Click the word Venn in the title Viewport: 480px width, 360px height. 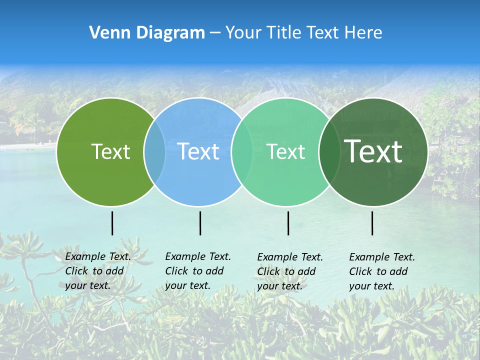coord(106,33)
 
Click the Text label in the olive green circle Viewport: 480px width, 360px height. coord(110,151)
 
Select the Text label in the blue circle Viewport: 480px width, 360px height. coord(198,151)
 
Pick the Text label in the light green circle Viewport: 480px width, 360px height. coord(286,151)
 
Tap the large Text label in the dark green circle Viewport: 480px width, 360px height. coord(373,151)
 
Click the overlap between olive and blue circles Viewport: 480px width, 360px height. coord(154,151)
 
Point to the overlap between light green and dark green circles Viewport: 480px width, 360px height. coord(328,151)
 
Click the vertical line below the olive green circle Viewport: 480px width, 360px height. coord(112,223)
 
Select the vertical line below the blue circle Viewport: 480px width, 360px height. coord(200,223)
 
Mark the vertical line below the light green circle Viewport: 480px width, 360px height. coord(288,223)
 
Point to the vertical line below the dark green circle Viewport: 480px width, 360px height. coord(372,223)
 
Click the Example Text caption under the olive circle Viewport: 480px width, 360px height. coord(97,271)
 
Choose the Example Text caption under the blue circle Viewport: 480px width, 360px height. coord(197,271)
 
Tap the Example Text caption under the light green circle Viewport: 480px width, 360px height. coord(289,271)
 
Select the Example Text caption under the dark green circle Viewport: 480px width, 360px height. coord(381,271)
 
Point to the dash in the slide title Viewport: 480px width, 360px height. coord(215,33)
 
